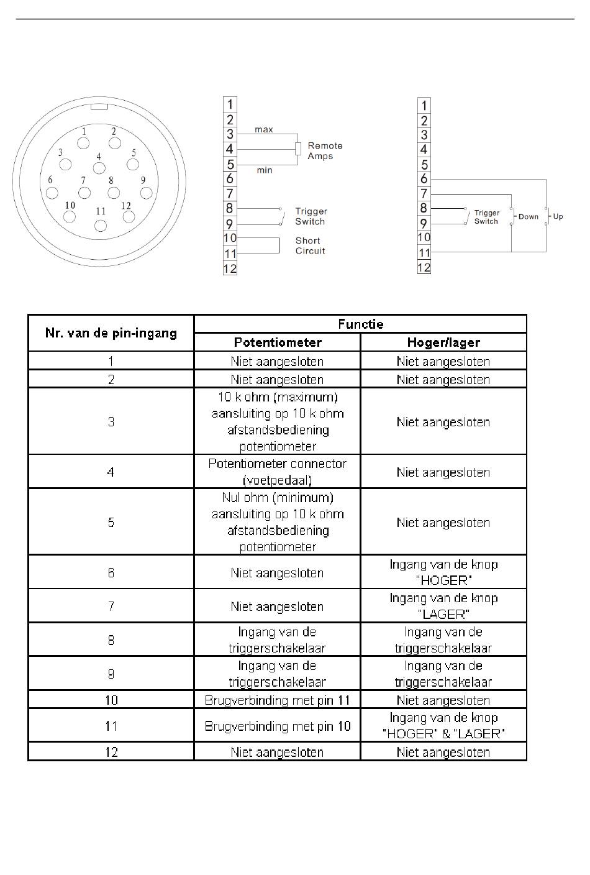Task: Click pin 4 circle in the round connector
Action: tap(99, 168)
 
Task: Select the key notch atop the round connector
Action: tap(99, 107)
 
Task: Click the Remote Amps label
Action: tap(325, 151)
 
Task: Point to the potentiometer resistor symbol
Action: tap(298, 149)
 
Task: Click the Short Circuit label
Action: tap(310, 245)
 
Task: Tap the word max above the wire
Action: tap(264, 129)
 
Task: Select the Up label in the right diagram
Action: tap(558, 216)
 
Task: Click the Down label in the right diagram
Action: tap(528, 216)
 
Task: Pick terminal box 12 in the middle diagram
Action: tap(230, 268)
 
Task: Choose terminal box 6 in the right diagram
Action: tap(424, 179)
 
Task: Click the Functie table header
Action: tap(360, 324)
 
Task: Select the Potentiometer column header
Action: tap(277, 342)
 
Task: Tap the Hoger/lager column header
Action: tap(443, 342)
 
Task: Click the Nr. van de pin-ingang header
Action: tap(111, 333)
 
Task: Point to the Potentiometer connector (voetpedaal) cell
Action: tap(277, 472)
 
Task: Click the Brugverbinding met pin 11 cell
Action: tap(277, 700)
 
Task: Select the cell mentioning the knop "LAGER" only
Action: tap(443, 606)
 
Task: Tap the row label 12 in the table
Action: tap(111, 752)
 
